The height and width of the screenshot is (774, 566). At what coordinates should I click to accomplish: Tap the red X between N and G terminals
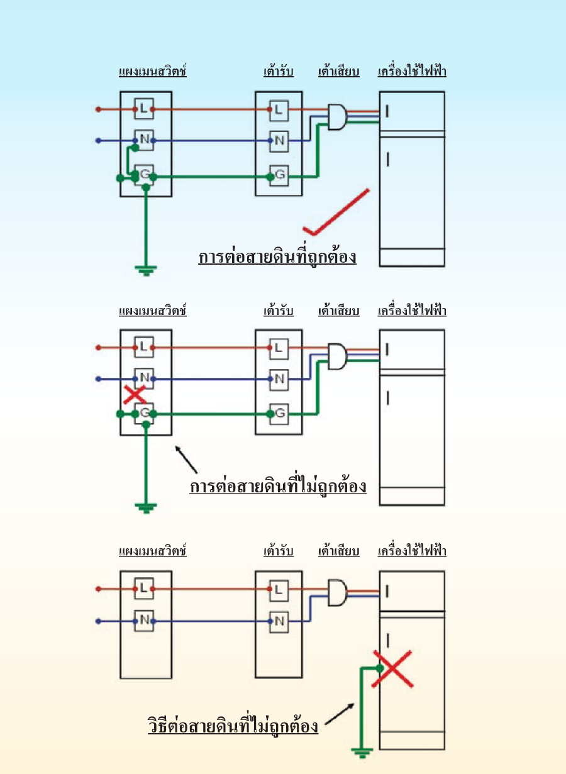[135, 395]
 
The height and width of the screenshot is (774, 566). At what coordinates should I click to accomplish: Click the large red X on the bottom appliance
[392, 669]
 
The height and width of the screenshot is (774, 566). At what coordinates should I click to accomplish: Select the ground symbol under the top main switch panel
[146, 270]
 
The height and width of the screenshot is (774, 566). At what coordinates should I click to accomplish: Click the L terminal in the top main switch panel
[144, 109]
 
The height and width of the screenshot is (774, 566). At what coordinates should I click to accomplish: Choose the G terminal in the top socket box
[279, 176]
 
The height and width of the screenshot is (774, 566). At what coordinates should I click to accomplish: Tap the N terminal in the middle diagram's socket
[279, 379]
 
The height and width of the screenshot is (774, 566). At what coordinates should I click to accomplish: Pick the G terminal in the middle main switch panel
[144, 413]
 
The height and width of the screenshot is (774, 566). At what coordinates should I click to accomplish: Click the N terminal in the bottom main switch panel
[144, 621]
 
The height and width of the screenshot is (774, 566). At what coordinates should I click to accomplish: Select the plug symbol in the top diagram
[337, 117]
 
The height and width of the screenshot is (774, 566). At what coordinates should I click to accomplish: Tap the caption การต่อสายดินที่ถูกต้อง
[277, 257]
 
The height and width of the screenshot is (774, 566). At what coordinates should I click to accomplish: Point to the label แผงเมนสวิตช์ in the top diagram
[153, 71]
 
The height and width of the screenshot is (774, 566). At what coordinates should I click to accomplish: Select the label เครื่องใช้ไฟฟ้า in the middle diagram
[412, 310]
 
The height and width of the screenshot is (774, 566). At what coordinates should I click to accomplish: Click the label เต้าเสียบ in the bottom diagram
[338, 551]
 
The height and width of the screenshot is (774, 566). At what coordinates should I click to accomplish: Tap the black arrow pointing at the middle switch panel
[186, 459]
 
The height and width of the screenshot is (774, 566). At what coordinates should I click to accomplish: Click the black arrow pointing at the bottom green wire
[340, 714]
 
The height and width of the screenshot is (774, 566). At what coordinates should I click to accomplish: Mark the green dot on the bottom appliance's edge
[379, 668]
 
